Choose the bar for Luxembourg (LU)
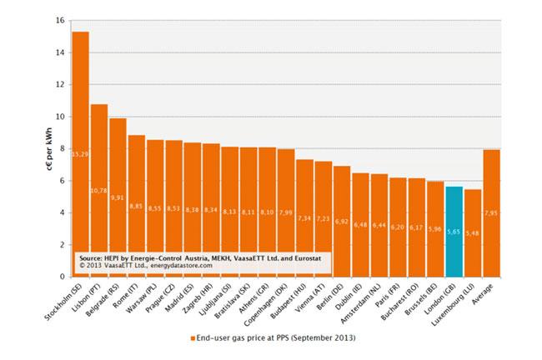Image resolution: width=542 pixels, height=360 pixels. [x=473, y=232]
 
